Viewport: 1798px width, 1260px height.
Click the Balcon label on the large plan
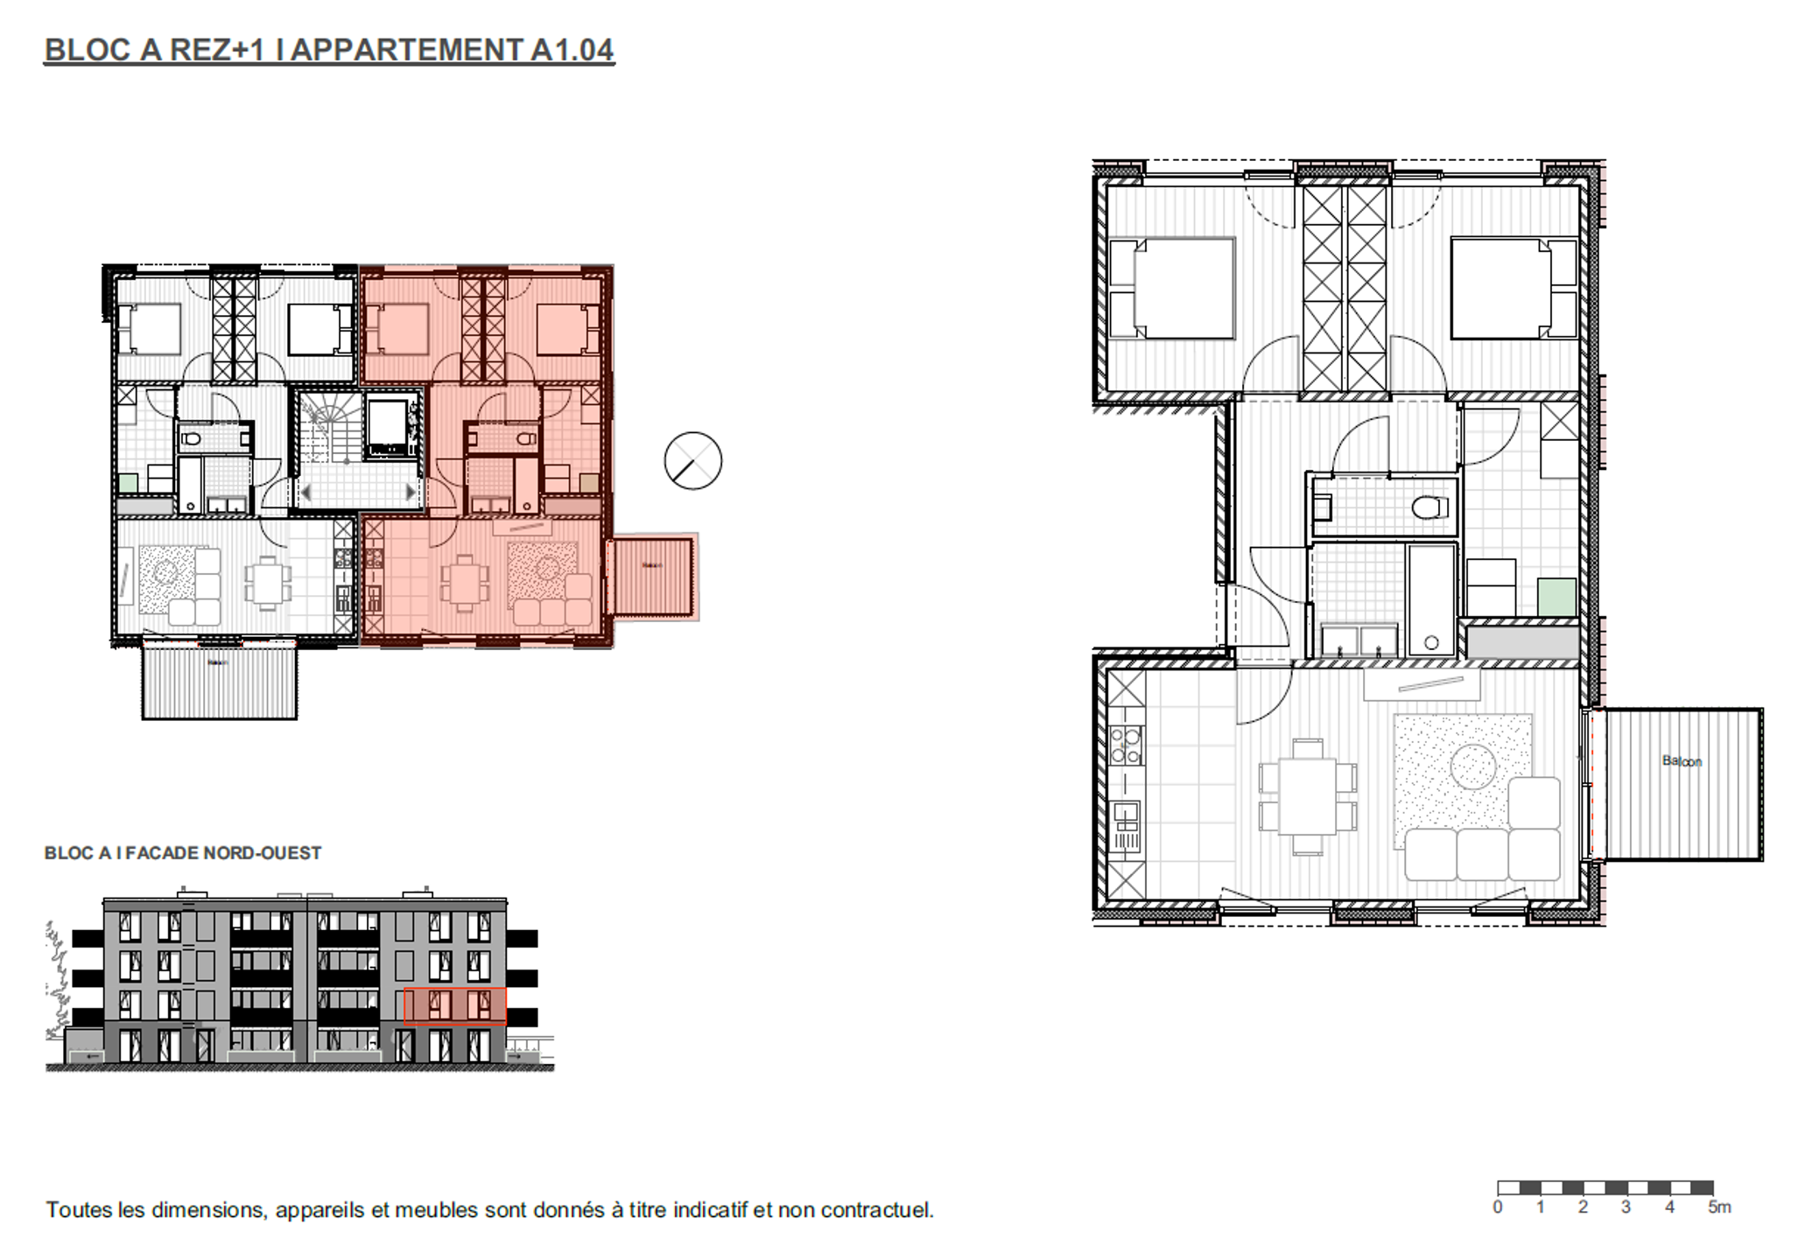1682,761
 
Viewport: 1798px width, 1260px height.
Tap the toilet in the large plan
1429,507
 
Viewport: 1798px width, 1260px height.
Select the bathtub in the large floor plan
1430,600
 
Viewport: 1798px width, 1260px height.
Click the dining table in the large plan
1307,796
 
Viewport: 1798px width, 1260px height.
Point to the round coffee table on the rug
1472,766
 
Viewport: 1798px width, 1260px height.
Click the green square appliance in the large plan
1557,597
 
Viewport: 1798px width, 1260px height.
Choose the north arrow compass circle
692,461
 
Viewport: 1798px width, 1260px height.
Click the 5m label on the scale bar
1718,1207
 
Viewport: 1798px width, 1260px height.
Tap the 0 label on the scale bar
1498,1207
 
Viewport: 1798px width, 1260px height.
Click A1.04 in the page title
572,50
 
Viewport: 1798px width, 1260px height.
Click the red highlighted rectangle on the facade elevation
454,1006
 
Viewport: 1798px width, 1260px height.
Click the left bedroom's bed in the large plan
1183,288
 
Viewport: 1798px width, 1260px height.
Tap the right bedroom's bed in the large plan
1500,288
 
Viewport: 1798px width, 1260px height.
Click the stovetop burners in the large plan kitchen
1125,745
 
